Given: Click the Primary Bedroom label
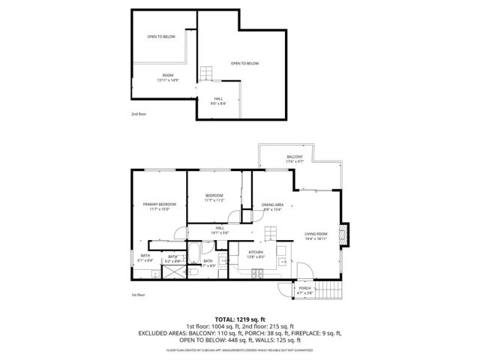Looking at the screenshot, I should coord(160,204).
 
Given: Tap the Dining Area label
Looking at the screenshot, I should coord(272,205).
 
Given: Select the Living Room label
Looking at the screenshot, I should coord(316,234).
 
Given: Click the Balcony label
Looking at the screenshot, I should coord(295,156).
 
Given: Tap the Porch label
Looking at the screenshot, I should coord(305,288).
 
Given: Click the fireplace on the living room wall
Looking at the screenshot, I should coord(345,234).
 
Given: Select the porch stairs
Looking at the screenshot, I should coord(328,289).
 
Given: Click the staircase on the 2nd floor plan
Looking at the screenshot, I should coord(207,73).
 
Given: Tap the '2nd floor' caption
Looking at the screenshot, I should coord(139,114).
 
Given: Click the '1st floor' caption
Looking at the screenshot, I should coord(139,295).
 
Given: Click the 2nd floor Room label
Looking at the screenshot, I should coord(168,76).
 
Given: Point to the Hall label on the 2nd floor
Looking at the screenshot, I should coord(219,98).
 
